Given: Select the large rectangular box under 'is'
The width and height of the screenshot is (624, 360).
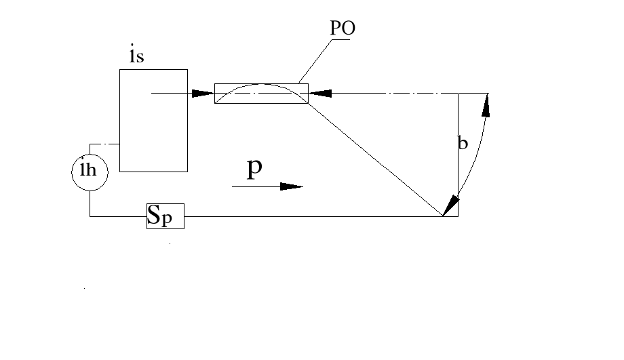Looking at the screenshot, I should tap(153, 120).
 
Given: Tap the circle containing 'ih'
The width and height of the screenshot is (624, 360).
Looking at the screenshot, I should tap(90, 172).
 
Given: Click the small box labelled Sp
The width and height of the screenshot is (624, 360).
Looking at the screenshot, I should tap(165, 216).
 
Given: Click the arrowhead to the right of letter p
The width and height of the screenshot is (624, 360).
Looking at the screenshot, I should tap(291, 186).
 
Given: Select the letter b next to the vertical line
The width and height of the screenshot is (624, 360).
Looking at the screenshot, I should tap(463, 144).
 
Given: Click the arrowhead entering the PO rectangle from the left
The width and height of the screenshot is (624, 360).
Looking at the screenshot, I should tap(203, 93).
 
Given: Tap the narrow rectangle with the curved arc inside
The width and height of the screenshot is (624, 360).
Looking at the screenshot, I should tap(261, 94).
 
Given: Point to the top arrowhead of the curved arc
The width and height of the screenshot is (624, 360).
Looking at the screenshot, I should tap(486, 102).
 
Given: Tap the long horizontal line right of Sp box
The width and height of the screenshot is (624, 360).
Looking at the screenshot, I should tap(312, 216).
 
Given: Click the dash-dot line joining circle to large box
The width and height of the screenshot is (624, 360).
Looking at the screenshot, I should tap(104, 144).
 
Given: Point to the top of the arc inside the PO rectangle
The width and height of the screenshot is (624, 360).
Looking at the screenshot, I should tap(261, 85).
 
